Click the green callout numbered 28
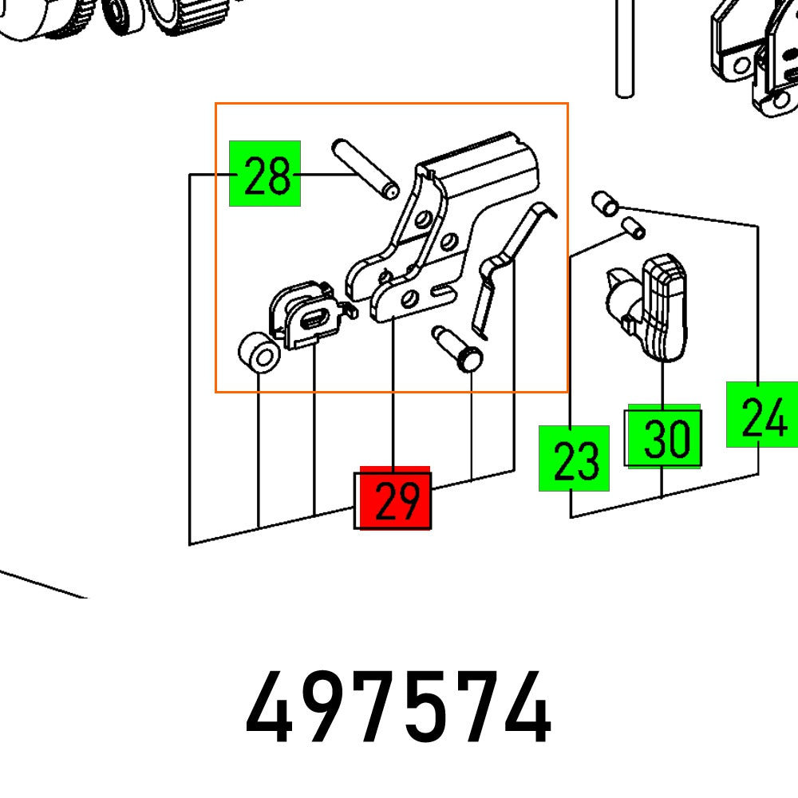[x=265, y=174]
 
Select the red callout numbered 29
[x=394, y=499]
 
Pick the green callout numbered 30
[x=664, y=437]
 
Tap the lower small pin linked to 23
[x=633, y=228]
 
